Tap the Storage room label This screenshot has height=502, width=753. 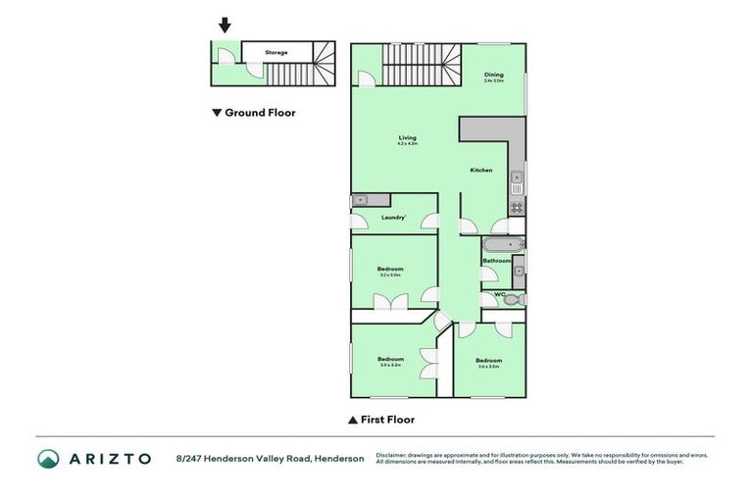coord(276,52)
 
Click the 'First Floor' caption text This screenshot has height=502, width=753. coord(388,420)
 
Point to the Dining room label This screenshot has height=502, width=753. coord(493,75)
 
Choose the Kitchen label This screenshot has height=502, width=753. coord(480,171)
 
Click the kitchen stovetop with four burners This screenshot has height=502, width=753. coord(517,207)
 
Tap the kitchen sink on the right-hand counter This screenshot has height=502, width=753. coord(517,177)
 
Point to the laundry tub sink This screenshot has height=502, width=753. coord(360,200)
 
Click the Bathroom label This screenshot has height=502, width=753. coord(495,261)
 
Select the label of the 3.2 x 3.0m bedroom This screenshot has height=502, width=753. coord(391,269)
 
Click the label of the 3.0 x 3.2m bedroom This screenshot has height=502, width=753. coord(391,359)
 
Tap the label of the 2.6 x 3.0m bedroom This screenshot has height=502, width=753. coord(488,360)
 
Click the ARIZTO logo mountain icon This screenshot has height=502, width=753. coord(48,458)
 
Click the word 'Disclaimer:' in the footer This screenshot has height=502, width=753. coord(391,455)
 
